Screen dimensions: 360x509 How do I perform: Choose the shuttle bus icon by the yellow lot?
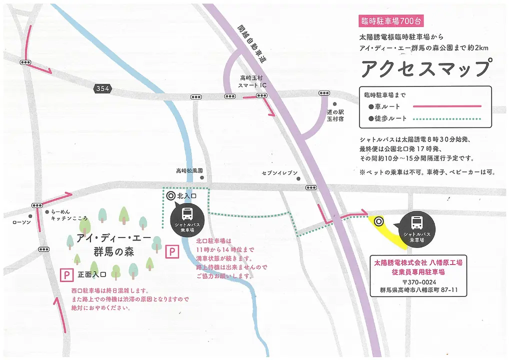[416, 222]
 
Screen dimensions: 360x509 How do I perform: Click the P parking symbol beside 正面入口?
[65, 274]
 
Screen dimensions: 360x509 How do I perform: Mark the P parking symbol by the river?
[171, 251]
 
